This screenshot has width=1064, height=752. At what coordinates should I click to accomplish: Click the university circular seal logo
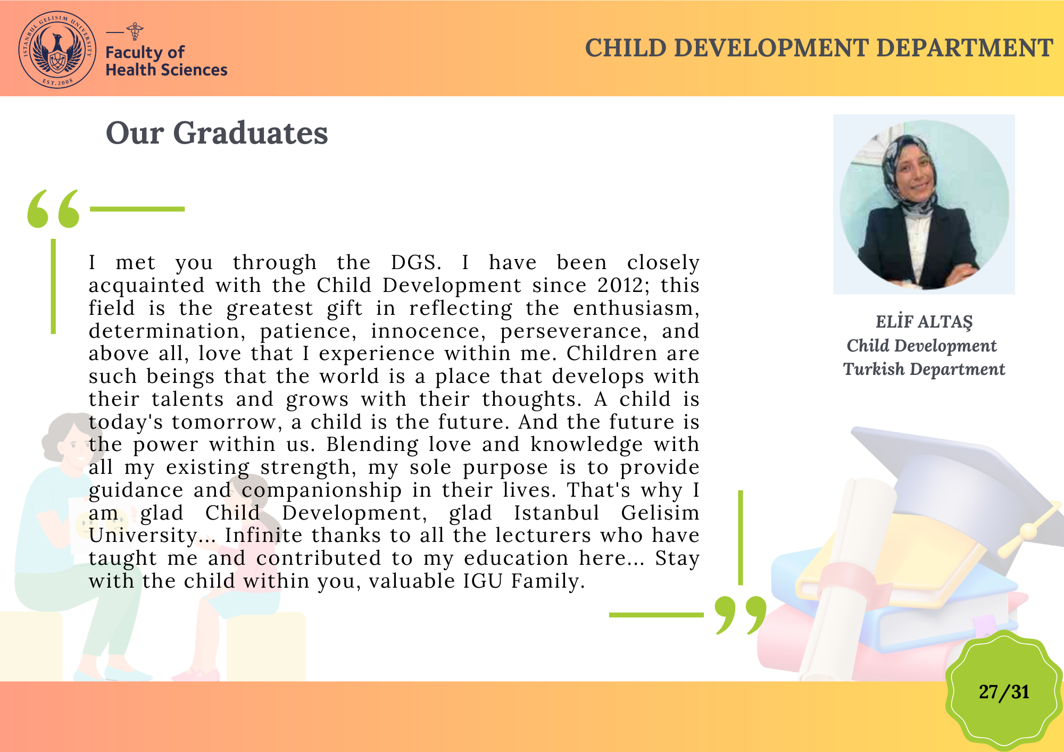(57, 49)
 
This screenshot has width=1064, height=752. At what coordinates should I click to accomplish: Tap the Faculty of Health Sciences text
(166, 61)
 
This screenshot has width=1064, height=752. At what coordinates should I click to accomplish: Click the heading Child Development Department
(819, 48)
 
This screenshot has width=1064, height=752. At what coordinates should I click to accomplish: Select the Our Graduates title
(217, 132)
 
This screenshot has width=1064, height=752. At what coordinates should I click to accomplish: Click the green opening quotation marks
(53, 208)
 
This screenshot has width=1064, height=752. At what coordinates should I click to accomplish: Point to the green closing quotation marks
(741, 615)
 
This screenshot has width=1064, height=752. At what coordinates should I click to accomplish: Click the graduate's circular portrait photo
(924, 205)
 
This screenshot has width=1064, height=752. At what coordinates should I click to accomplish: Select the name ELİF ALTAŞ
(924, 322)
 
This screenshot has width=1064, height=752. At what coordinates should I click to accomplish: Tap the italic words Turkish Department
(924, 369)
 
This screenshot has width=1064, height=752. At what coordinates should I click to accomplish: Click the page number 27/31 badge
(1003, 691)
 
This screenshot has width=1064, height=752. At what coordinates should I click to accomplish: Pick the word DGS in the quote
(416, 263)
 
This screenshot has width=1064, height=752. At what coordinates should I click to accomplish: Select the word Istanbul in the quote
(556, 513)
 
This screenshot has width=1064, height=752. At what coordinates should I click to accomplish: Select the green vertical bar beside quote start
(53, 286)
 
